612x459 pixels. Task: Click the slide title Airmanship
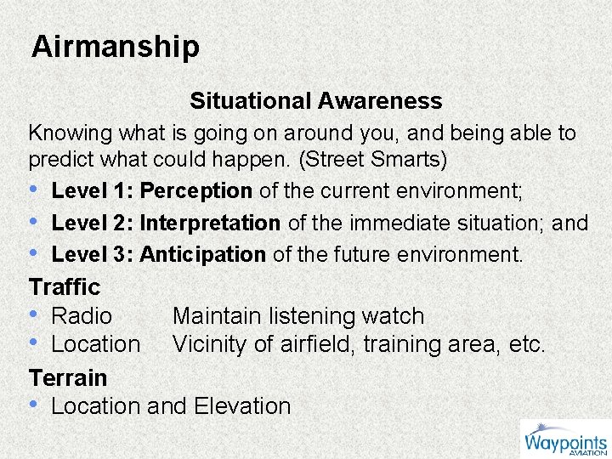click(116, 47)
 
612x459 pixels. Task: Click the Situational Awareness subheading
click(315, 101)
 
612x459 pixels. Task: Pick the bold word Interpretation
click(210, 224)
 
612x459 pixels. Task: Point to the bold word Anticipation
click(203, 254)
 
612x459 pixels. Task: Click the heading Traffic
click(65, 287)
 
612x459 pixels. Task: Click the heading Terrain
click(68, 377)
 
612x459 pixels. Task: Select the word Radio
click(82, 316)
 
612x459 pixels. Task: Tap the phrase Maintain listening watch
click(297, 316)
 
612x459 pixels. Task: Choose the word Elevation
click(242, 406)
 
